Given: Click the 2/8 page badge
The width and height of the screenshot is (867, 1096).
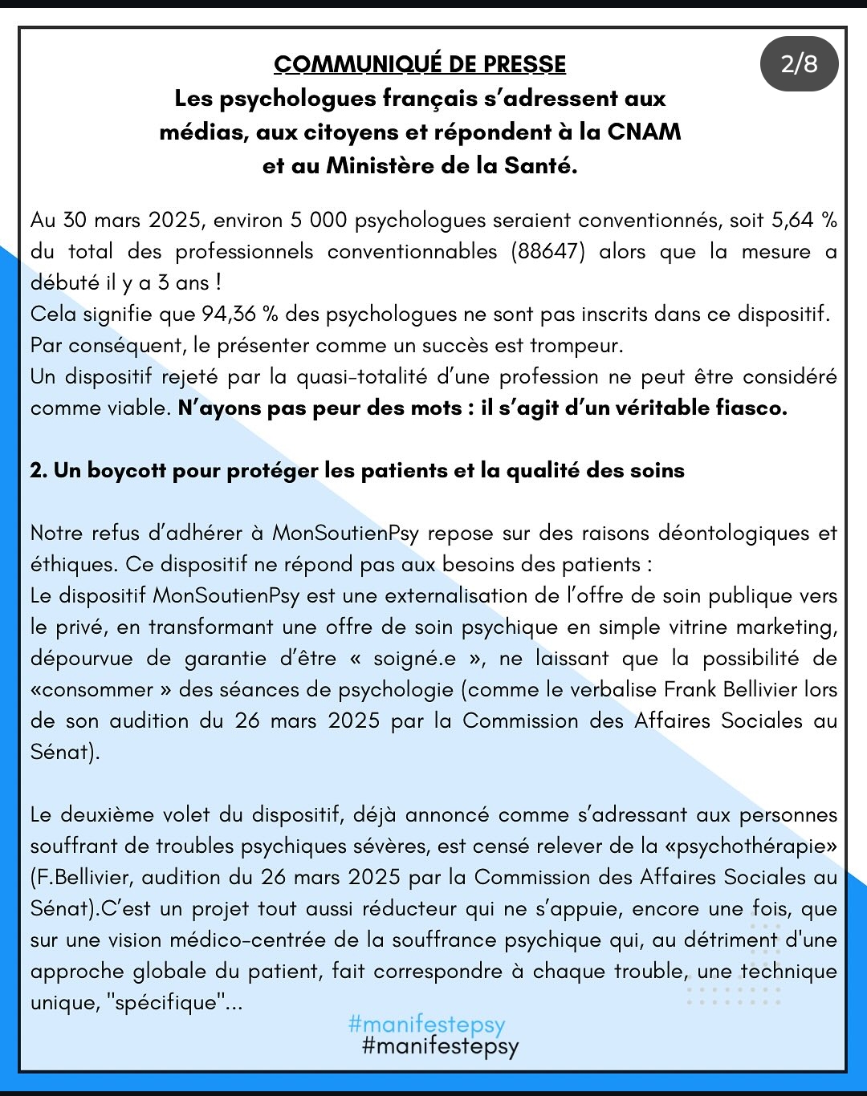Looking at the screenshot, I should [799, 64].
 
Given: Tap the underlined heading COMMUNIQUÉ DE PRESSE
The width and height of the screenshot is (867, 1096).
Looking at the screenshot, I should [420, 64].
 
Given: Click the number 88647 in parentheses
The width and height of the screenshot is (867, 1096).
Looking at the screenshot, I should [549, 252].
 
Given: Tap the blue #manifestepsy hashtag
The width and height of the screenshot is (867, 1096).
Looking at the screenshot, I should [426, 1025].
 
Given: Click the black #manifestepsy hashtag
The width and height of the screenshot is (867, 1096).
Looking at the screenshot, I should [441, 1045].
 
